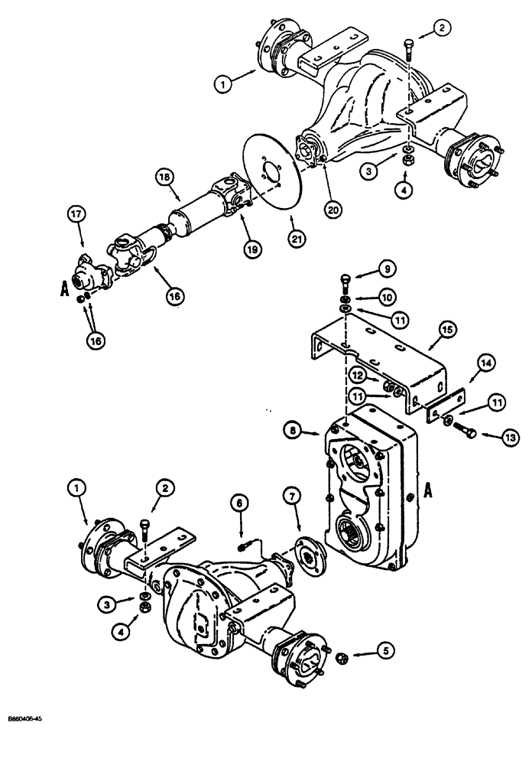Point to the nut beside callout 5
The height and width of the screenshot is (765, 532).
point(343,657)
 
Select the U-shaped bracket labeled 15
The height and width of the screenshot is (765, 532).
point(382,360)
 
